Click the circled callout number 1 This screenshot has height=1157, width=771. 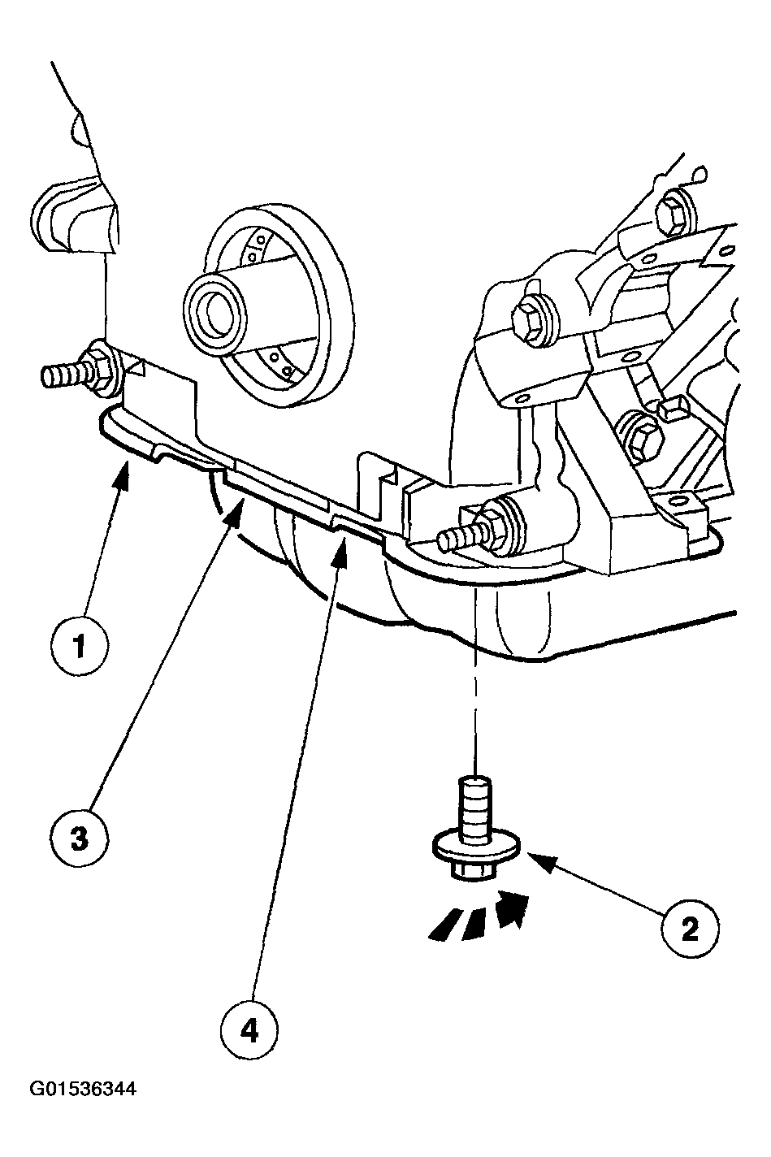79,646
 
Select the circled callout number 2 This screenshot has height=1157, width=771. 690,927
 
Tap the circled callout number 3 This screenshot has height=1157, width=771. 79,838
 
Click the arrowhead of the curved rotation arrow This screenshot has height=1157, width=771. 512,906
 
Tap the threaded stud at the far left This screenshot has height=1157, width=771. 65,375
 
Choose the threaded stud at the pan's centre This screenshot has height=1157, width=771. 460,536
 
